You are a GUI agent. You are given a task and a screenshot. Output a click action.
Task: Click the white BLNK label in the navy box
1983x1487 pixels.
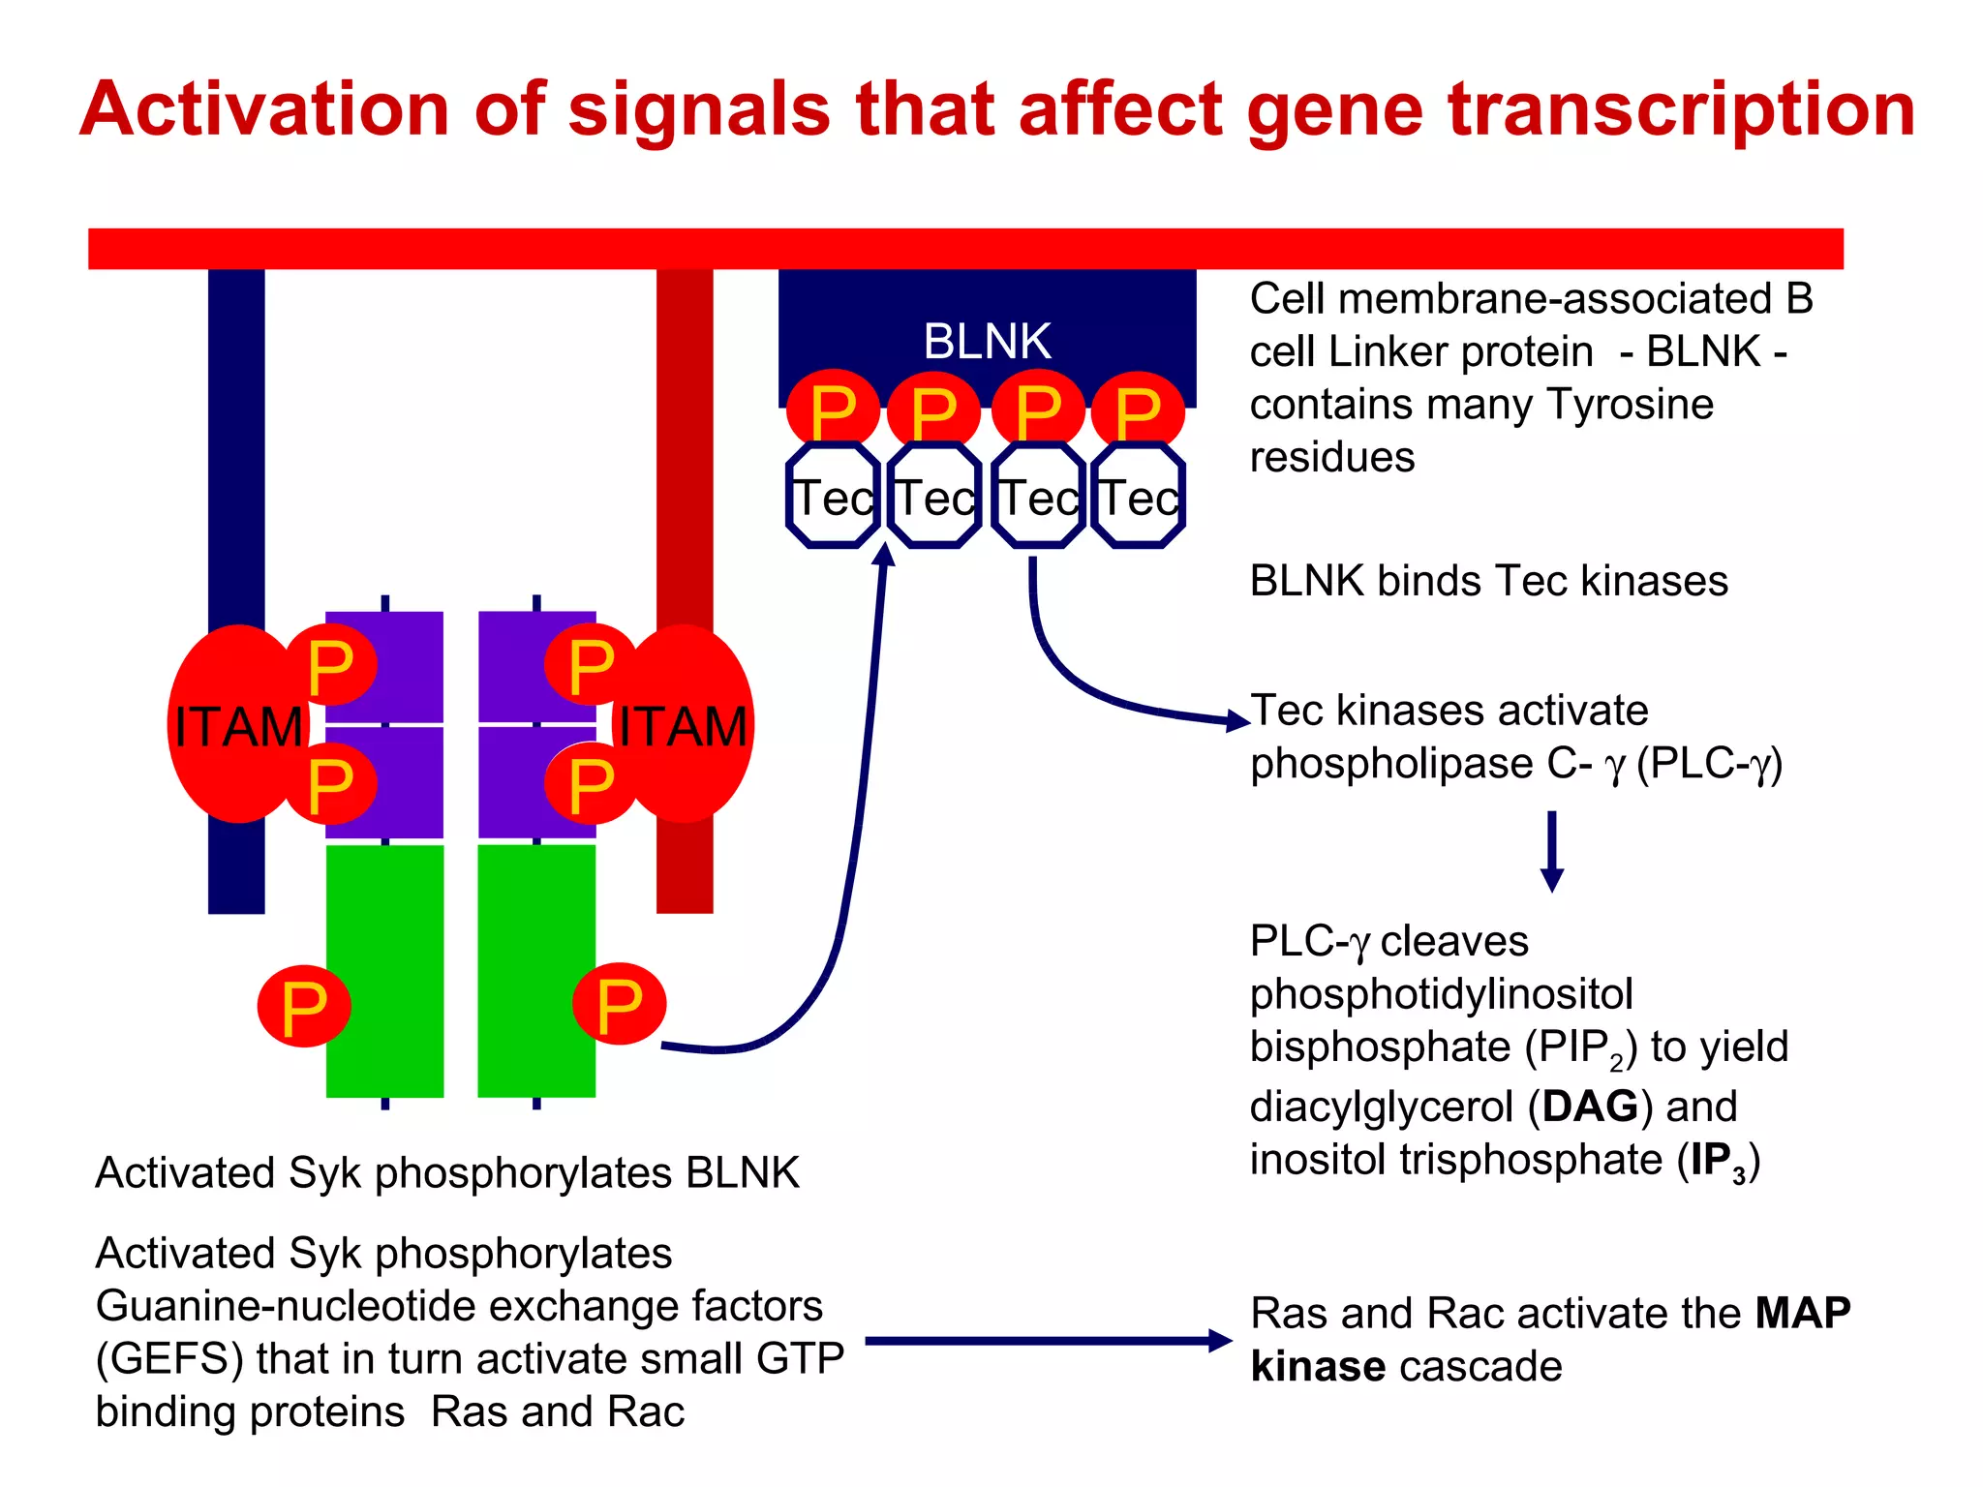[987, 341]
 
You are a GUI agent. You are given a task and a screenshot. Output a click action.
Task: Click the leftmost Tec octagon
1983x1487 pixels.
[833, 497]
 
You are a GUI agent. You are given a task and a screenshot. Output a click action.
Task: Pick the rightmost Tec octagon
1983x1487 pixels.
[1139, 497]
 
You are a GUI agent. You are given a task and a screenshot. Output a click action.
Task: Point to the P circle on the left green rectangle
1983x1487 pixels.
[303, 1007]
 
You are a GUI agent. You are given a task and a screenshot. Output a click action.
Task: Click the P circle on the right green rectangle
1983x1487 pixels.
[619, 1005]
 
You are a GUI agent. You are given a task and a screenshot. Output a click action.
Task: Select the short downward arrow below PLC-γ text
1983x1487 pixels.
[1552, 851]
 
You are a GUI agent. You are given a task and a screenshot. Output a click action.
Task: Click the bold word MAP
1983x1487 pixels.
[1802, 1314]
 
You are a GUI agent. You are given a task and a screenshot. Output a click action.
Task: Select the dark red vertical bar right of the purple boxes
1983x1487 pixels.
[685, 436]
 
